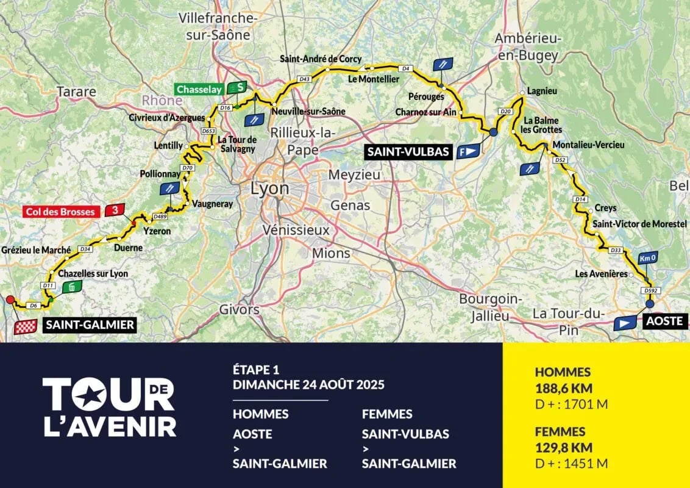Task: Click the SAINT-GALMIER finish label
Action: click(x=89, y=325)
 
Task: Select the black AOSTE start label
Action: click(x=664, y=321)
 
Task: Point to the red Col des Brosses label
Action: click(x=60, y=212)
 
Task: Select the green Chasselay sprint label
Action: click(x=199, y=89)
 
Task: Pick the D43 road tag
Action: click(x=305, y=79)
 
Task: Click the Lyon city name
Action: click(x=269, y=188)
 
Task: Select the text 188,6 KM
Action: click(x=564, y=388)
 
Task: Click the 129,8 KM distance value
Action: click(x=564, y=448)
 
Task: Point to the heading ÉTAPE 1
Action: click(x=255, y=370)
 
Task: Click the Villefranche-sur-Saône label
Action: click(x=218, y=27)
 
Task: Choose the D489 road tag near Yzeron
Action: click(x=160, y=216)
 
